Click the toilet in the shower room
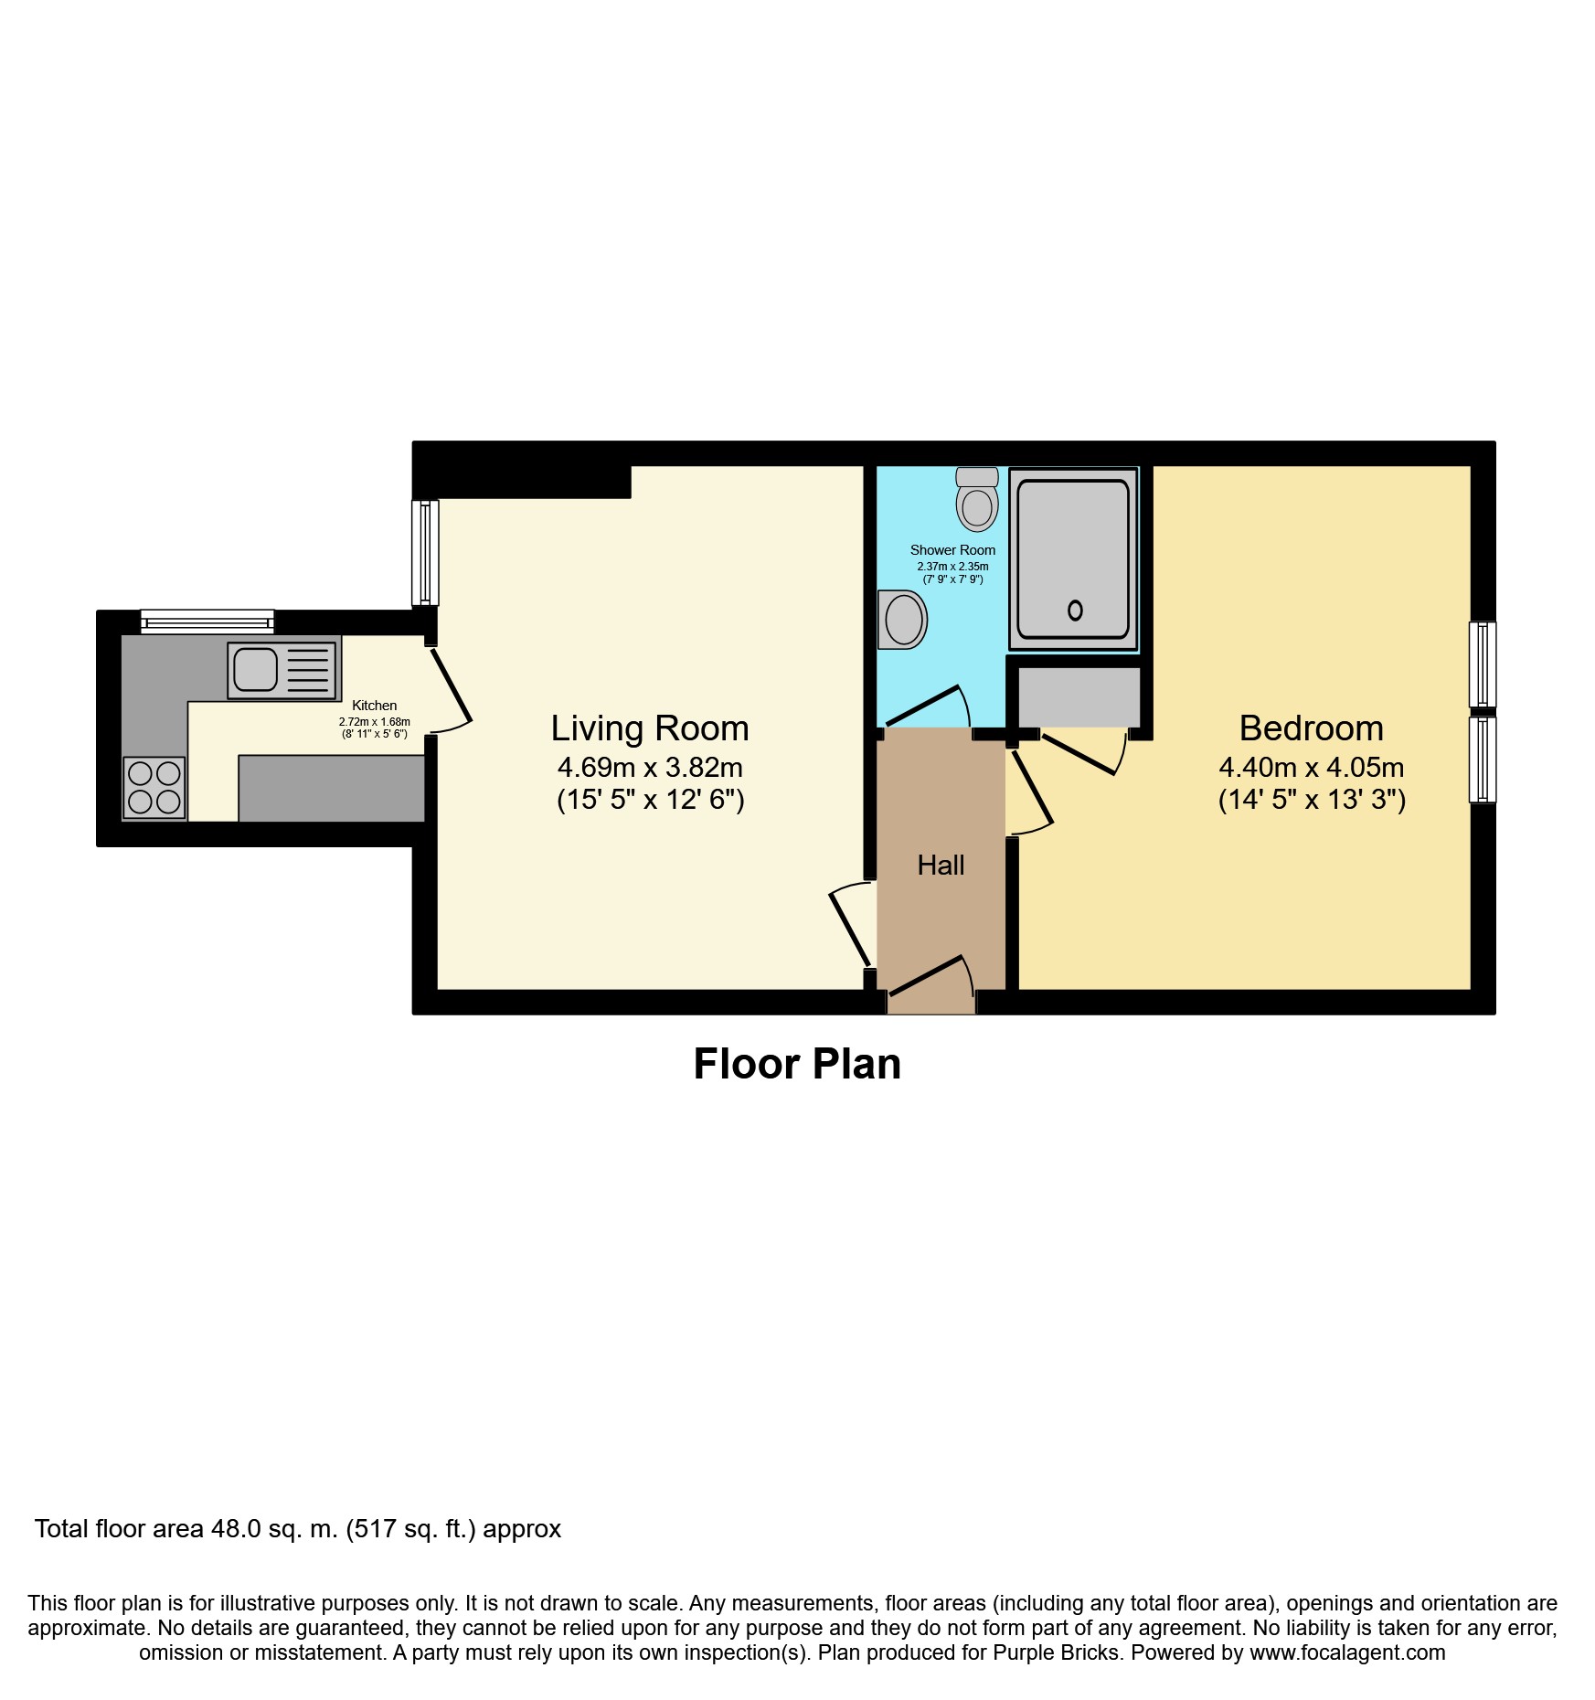point(976,500)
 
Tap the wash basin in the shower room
point(902,619)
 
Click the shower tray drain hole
point(1075,610)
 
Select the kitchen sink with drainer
point(282,670)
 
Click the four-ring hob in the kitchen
point(154,787)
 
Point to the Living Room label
point(649,728)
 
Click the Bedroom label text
point(1311,728)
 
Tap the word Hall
point(941,865)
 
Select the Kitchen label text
point(374,706)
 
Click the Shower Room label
point(952,550)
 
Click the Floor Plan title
point(797,1064)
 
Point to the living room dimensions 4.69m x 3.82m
point(650,768)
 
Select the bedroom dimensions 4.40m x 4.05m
point(1311,768)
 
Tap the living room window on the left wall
point(425,552)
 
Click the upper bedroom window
point(1482,664)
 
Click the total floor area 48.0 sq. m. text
point(297,1529)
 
